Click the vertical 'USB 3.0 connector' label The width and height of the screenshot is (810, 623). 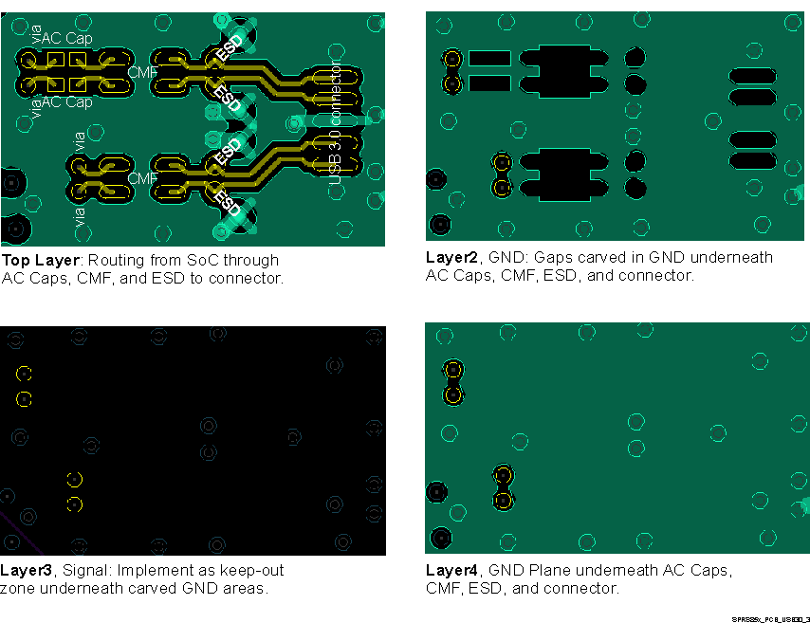click(x=334, y=119)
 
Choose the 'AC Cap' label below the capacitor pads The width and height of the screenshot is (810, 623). click(x=66, y=101)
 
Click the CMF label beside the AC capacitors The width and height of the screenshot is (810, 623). click(x=142, y=72)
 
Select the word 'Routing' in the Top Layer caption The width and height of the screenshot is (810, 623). click(x=119, y=260)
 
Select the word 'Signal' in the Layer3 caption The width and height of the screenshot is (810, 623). click(x=83, y=571)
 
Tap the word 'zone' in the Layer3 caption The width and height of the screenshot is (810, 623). click(x=17, y=589)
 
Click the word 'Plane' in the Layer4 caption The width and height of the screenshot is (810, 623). click(x=545, y=571)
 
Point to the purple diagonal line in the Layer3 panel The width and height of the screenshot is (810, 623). click(x=19, y=535)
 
